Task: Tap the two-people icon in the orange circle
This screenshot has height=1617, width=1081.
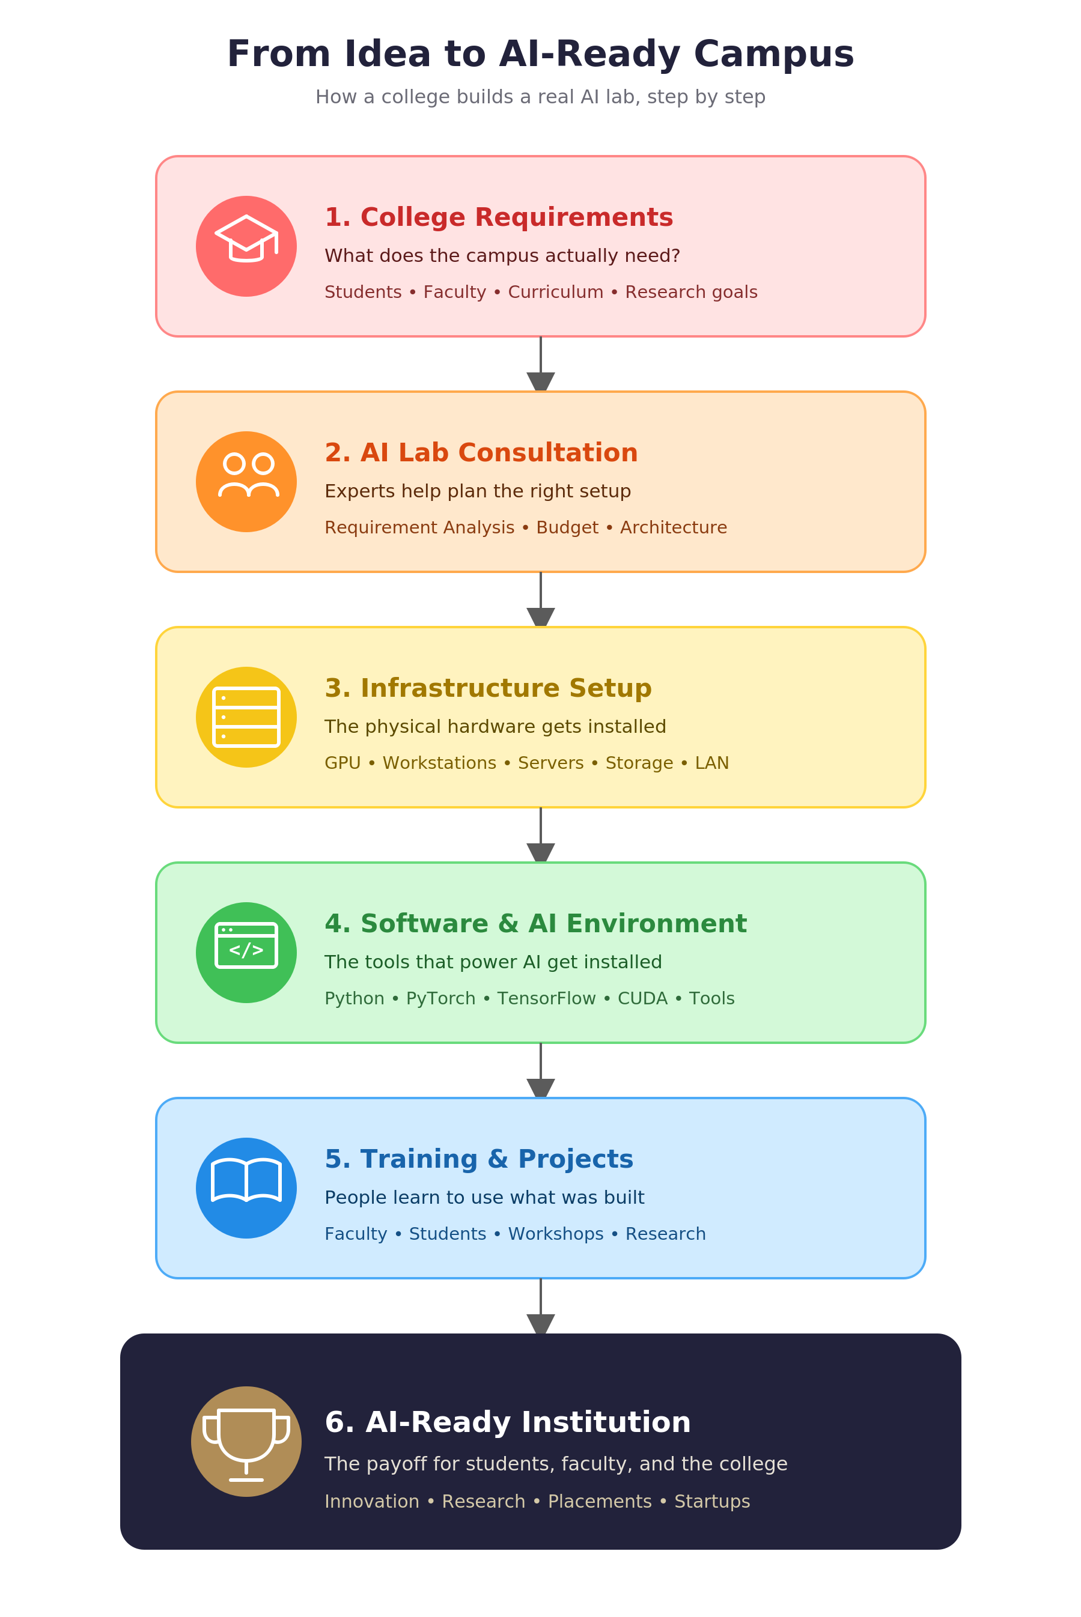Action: click(x=248, y=475)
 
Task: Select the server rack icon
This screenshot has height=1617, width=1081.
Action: click(x=246, y=717)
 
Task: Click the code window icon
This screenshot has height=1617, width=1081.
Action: click(x=246, y=945)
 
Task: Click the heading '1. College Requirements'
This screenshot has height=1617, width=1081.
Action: click(x=499, y=217)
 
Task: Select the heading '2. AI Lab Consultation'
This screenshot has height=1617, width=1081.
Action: click(x=481, y=453)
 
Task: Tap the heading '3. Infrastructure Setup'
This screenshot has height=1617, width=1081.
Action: click(x=488, y=688)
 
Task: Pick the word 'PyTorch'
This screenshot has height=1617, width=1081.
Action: click(x=440, y=999)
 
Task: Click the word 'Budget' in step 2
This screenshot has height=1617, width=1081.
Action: click(x=567, y=528)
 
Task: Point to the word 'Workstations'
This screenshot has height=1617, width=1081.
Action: click(x=439, y=763)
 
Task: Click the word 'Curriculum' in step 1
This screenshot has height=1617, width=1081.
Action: click(x=556, y=292)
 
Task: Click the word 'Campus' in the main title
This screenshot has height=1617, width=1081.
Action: click(x=773, y=55)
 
